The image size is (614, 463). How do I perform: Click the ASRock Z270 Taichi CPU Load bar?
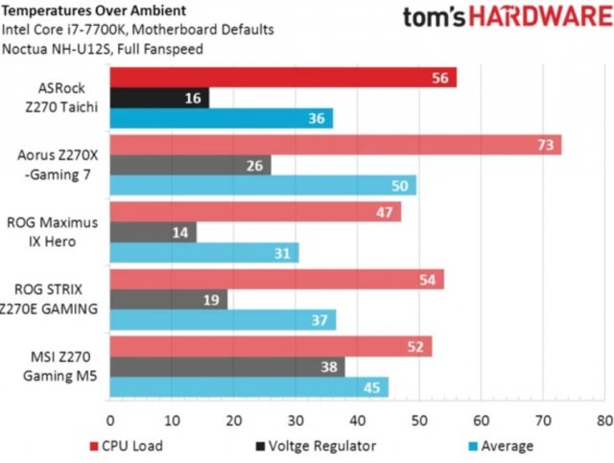pos(283,78)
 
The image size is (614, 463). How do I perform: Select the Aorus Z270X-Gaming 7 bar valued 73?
pos(336,145)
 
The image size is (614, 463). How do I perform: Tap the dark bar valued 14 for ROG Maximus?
pos(153,232)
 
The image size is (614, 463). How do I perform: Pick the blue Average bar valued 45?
pos(249,386)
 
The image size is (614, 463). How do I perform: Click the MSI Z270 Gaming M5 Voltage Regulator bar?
pos(227,366)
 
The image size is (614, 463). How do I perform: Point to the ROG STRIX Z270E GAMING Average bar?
pos(223,319)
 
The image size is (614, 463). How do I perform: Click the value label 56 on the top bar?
pos(441,78)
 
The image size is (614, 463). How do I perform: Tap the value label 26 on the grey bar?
pos(256,165)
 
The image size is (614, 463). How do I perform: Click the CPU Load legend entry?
pos(126,446)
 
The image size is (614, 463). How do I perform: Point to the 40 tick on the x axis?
pos(357,420)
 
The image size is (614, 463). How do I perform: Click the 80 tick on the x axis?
pos(602,420)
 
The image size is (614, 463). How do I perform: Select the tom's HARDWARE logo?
pos(505,18)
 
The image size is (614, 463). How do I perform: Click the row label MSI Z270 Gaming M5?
pos(56,365)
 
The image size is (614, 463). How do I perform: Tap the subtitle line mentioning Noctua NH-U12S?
pos(103,48)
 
